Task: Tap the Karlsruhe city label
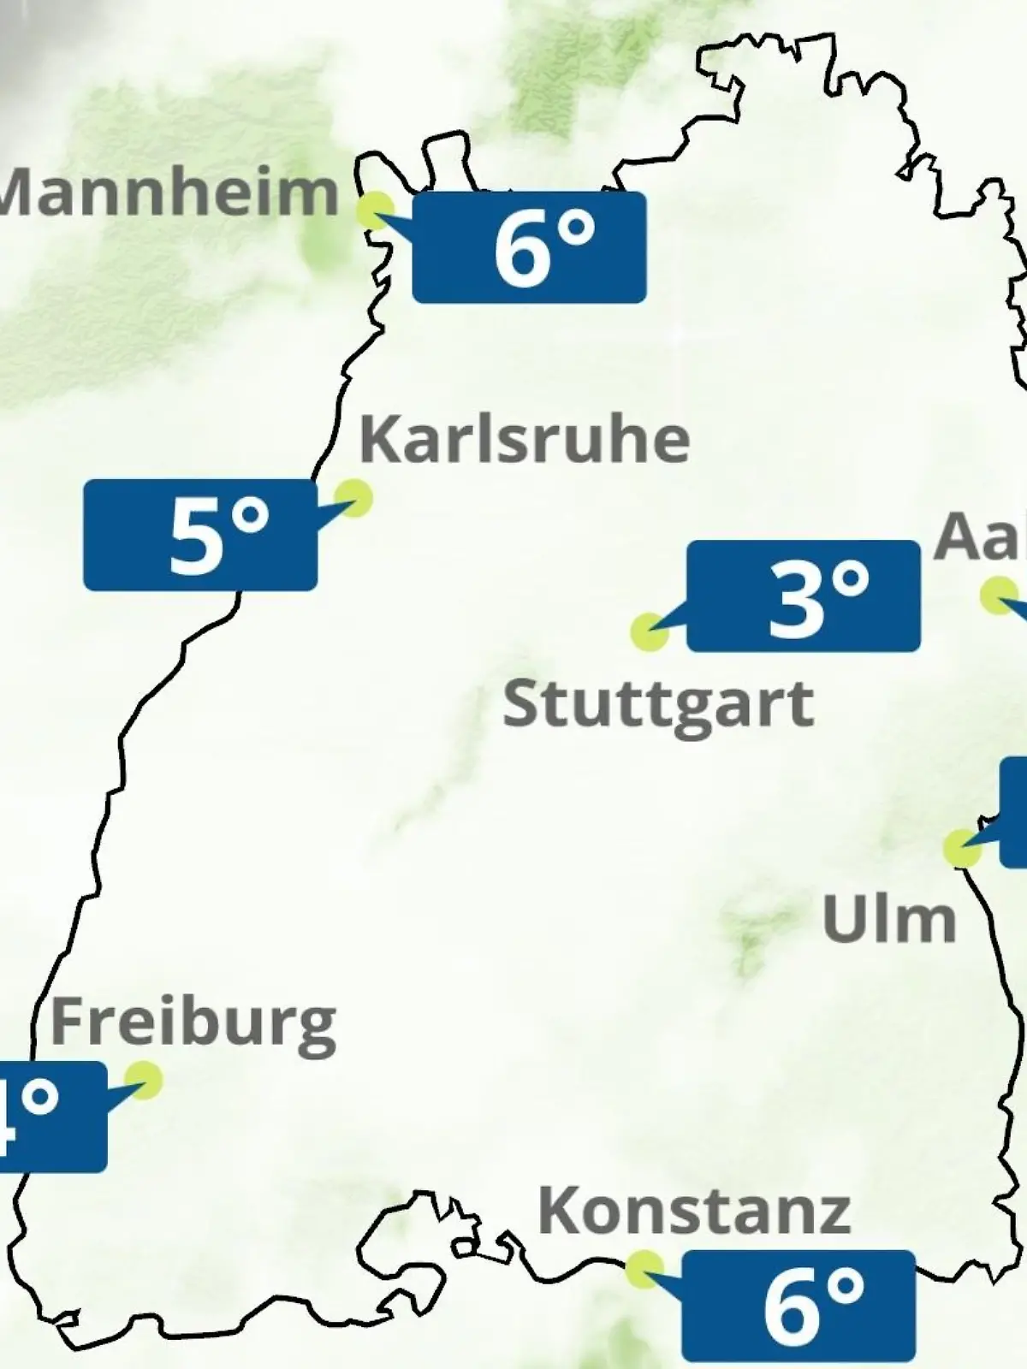click(524, 439)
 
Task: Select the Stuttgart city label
click(657, 705)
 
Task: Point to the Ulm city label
click(888, 920)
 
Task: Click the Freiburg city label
click(193, 1023)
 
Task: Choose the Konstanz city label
click(694, 1212)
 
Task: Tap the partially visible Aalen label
click(981, 537)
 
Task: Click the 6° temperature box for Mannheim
click(529, 247)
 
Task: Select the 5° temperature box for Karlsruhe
click(200, 535)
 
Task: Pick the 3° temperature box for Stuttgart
click(804, 596)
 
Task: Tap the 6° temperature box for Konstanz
click(798, 1306)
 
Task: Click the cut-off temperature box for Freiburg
click(51, 1117)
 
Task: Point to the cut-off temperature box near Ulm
click(1015, 811)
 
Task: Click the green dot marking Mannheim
click(375, 210)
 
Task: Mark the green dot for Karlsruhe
click(353, 497)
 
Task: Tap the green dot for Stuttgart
click(649, 632)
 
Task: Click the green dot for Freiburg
click(143, 1080)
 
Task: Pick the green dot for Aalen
click(999, 596)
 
